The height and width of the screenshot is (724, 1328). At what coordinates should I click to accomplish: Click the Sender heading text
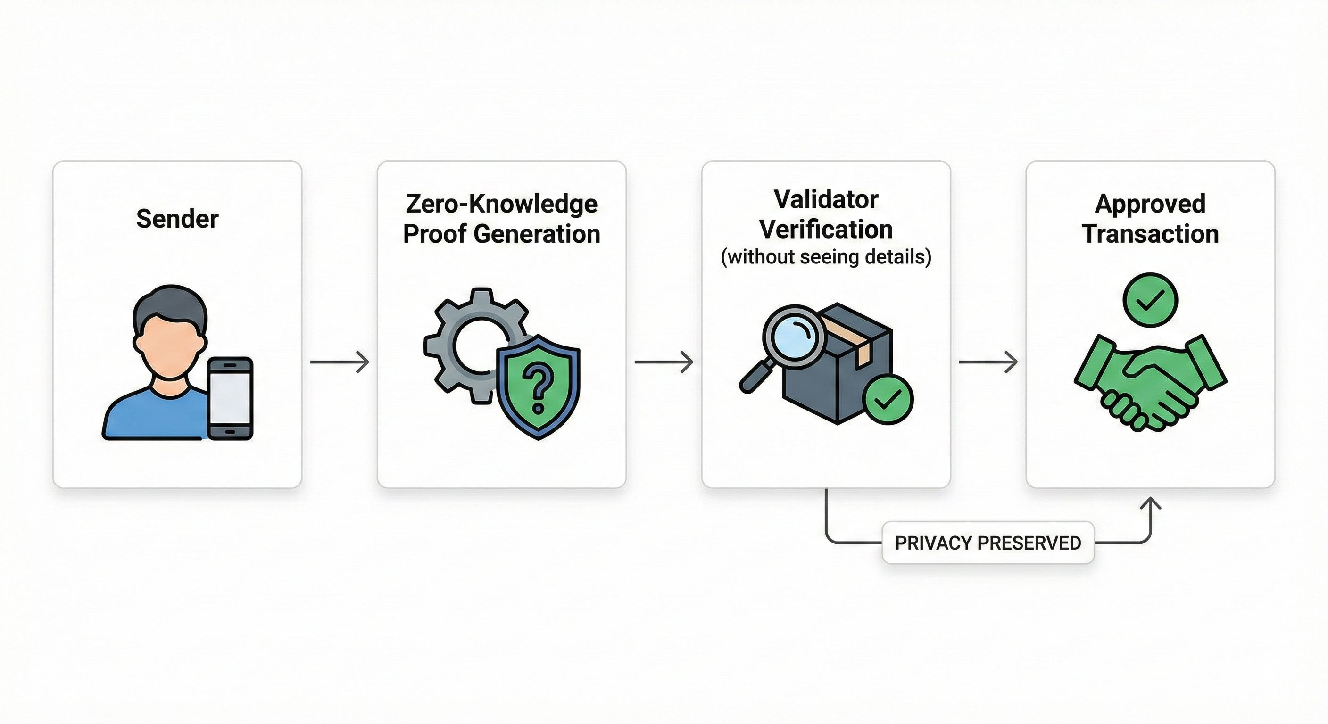click(x=177, y=219)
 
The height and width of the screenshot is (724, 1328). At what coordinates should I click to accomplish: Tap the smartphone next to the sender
click(x=230, y=398)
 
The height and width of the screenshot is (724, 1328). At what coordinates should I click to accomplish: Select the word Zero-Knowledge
click(x=501, y=204)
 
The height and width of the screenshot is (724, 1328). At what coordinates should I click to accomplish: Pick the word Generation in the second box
click(x=537, y=234)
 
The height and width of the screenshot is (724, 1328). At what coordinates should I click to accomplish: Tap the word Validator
click(x=826, y=200)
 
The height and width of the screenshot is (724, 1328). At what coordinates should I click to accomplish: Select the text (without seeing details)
click(x=826, y=256)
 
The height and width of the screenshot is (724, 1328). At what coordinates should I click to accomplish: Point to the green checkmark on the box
click(x=888, y=400)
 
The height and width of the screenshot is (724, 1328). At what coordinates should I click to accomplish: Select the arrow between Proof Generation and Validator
click(x=664, y=362)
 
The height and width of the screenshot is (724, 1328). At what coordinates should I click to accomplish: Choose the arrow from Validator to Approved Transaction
click(x=988, y=362)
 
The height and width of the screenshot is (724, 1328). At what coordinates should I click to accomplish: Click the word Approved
click(x=1150, y=204)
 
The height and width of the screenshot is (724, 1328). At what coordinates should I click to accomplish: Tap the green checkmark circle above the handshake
click(x=1150, y=300)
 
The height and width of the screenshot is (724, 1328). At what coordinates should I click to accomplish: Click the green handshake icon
click(x=1150, y=384)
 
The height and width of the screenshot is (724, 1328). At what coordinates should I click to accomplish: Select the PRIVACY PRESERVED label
click(x=988, y=543)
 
